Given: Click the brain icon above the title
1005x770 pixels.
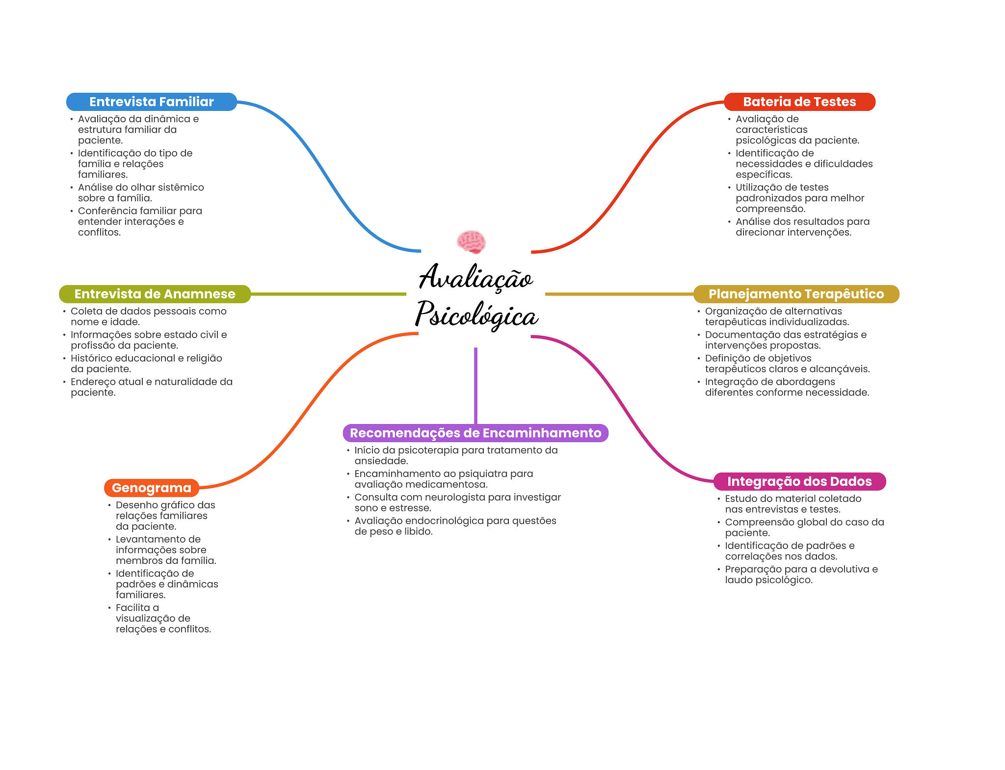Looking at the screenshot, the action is pos(471,242).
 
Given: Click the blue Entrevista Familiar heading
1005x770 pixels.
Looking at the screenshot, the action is pos(151,102).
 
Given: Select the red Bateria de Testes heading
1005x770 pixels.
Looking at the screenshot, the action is pos(799,102).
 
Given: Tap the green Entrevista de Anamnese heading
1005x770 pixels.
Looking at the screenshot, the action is pos(155,294).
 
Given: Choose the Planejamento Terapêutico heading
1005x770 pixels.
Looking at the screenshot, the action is pos(796,294).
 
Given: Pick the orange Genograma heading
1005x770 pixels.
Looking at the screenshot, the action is pos(151,488).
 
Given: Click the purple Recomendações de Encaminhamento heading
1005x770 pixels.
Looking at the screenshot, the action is pos(475,433).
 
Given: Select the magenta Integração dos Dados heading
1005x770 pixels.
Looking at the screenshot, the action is pos(799,481).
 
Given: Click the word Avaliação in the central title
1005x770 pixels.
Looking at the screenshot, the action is pos(476,278).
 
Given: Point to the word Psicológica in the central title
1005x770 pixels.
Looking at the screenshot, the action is pos(476,315).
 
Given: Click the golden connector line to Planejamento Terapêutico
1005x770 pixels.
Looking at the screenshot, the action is pos(618,294).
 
